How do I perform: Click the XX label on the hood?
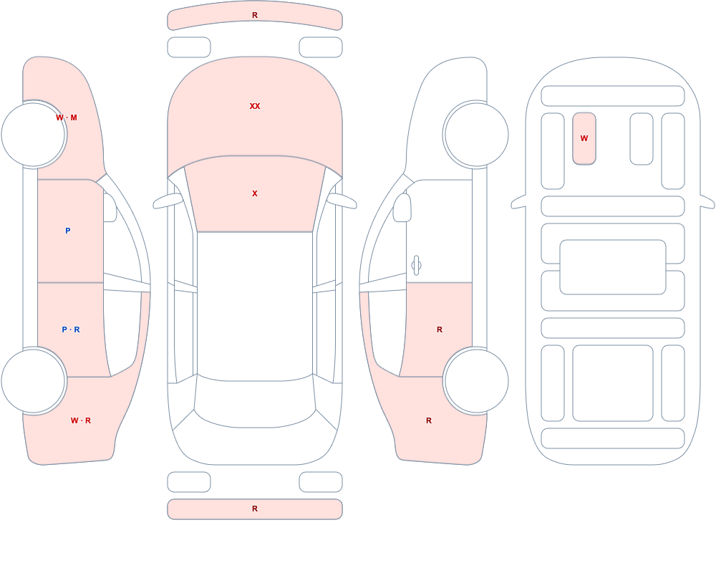[x=255, y=106]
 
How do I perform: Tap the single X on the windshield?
[x=255, y=194]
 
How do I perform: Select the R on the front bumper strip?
[x=255, y=16]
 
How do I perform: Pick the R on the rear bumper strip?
[x=255, y=509]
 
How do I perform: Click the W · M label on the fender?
[x=67, y=118]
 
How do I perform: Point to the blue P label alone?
[x=67, y=231]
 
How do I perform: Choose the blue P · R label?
[x=71, y=329]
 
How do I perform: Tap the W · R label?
[x=81, y=420]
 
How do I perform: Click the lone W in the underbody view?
[x=584, y=138]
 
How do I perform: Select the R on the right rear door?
[x=440, y=329]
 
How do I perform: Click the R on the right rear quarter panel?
[x=429, y=420]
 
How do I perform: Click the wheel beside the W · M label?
[x=34, y=135]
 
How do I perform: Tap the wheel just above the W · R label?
[x=34, y=380]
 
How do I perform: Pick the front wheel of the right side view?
[x=476, y=135]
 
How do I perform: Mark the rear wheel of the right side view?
[x=476, y=380]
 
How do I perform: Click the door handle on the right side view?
[x=416, y=266]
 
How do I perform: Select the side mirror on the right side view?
[x=402, y=208]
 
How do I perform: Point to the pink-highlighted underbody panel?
[x=584, y=138]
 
